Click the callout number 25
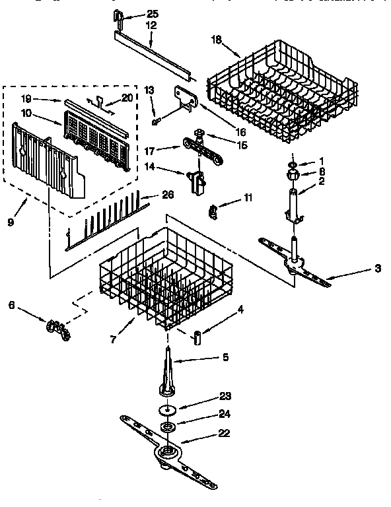(x=153, y=14)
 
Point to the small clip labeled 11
(x=213, y=212)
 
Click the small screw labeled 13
(x=155, y=121)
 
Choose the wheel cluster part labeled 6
(x=57, y=328)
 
